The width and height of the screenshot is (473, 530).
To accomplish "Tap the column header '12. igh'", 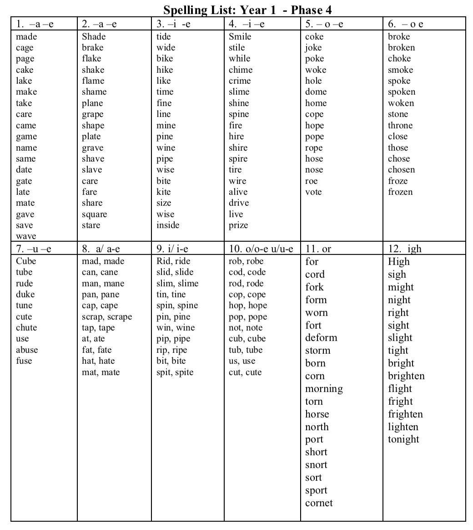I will point(405,249).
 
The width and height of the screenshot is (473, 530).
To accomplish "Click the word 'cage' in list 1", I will point(25,48).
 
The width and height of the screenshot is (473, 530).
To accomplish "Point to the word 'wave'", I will point(26,236).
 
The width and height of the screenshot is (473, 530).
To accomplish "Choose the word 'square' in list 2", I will point(95,214).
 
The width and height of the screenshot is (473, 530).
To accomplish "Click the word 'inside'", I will point(168,225).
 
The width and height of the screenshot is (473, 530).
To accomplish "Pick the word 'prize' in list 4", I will point(238,225).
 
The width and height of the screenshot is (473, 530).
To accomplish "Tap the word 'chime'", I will point(241,70).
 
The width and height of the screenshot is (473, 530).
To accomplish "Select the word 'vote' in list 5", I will point(313,192).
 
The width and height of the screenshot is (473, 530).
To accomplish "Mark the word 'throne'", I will point(400,125).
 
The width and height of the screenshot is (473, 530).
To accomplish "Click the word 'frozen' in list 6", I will point(400,192).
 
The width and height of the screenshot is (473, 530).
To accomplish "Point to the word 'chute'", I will point(26,327).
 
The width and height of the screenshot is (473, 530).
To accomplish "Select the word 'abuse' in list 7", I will point(27,350).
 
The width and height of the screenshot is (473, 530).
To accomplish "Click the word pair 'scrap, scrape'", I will point(107,316).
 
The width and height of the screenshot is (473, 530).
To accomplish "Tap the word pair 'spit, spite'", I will point(175,372).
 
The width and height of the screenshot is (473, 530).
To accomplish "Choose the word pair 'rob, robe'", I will point(246,261).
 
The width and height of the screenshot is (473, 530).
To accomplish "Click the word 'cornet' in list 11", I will point(319,503).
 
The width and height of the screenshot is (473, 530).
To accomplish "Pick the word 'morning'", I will point(324,388).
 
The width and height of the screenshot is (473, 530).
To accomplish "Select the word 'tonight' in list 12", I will point(403,439).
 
